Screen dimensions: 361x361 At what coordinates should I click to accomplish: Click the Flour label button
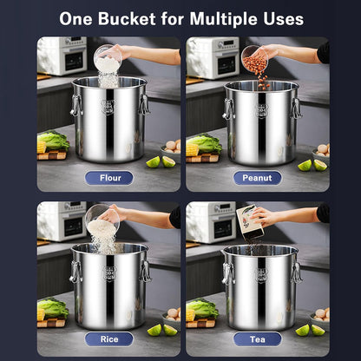[x=108, y=178]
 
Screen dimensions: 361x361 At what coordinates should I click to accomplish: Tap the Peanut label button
[x=257, y=178]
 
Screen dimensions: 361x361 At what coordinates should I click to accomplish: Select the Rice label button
[x=108, y=338]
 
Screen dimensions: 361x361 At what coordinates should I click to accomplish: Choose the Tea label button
[x=257, y=338]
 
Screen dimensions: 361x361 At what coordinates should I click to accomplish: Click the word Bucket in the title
[x=145, y=18]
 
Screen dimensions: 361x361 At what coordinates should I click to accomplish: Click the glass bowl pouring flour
[x=108, y=60]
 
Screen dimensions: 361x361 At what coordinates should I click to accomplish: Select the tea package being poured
[x=251, y=221]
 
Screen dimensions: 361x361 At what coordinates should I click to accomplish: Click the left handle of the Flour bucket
[x=76, y=107]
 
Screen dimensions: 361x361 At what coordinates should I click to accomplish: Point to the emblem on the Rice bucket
[x=109, y=274]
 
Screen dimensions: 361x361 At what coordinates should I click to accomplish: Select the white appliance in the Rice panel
[x=61, y=220]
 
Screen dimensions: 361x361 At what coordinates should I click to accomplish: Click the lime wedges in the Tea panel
[x=311, y=330]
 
